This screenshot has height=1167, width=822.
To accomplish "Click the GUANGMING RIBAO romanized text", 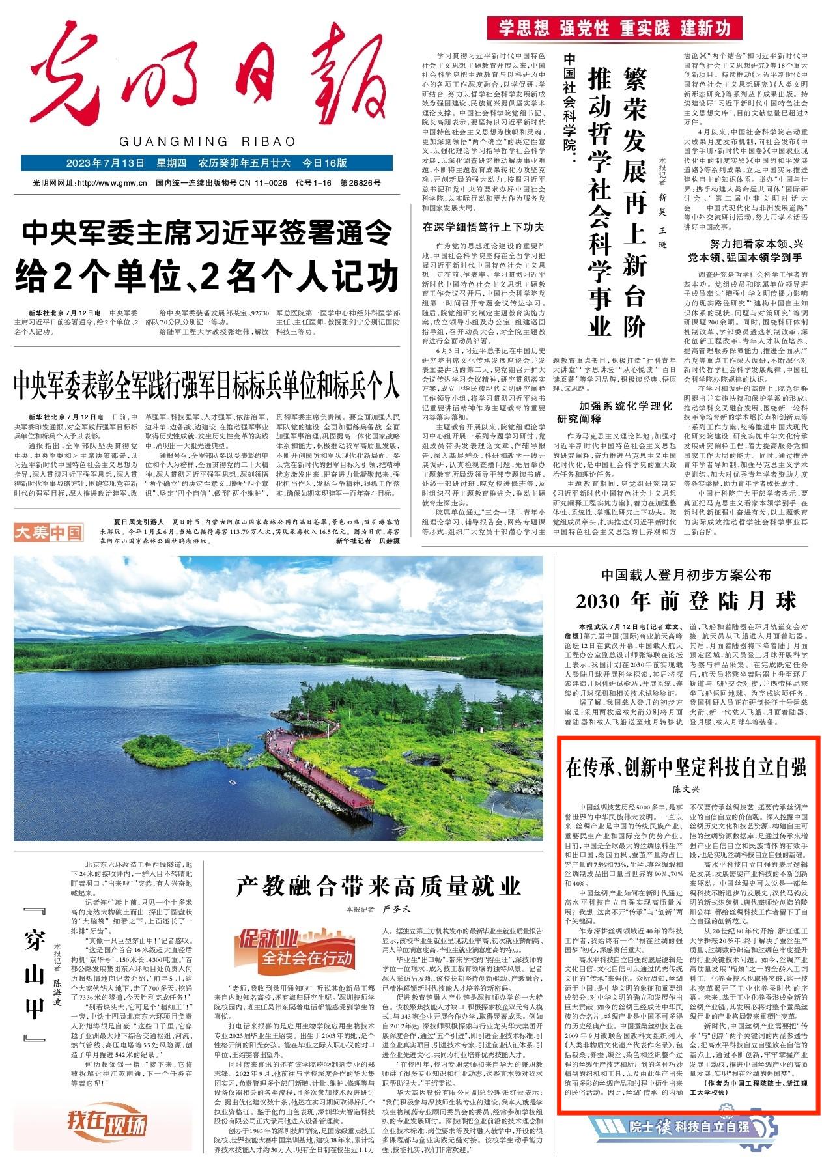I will (208, 141).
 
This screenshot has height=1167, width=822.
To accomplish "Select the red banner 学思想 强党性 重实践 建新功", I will (652, 28).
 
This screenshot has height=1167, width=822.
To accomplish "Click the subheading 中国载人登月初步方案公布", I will (686, 576).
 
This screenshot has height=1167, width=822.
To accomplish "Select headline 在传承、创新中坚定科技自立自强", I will (686, 768).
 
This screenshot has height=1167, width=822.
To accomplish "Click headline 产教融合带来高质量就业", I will (378, 885).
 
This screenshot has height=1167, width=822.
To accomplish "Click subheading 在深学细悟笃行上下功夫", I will (483, 227).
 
